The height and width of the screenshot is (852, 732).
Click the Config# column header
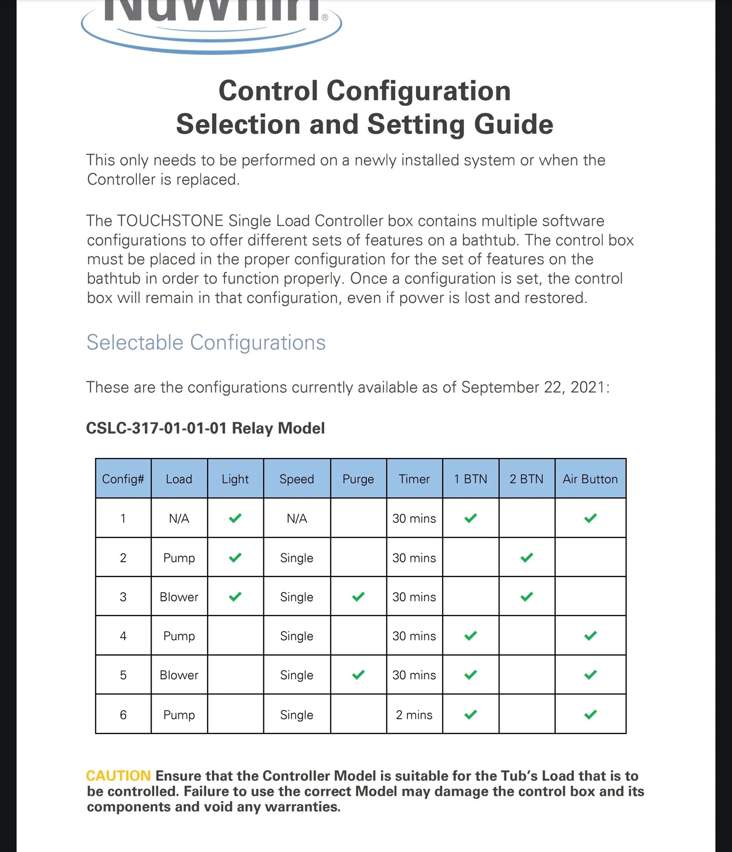[123, 479]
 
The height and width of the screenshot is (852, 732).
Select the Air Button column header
[590, 479]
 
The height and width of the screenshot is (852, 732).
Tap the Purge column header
[358, 479]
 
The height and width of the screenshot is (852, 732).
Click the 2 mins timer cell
[414, 715]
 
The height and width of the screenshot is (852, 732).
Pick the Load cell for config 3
[179, 597]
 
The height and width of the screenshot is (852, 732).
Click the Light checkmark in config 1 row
[235, 518]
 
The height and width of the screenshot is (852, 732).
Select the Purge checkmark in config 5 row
[358, 675]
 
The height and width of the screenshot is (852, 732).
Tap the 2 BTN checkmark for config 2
[527, 558]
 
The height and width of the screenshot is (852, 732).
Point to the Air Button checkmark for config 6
[590, 715]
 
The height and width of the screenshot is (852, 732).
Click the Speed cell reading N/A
[297, 518]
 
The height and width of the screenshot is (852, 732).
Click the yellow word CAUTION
[119, 776]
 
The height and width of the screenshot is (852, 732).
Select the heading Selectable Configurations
[206, 342]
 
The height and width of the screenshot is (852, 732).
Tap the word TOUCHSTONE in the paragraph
[170, 221]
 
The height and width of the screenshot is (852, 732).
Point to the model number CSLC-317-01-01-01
[156, 428]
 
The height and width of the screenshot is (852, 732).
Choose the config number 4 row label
[123, 636]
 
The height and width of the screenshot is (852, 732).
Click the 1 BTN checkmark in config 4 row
[471, 636]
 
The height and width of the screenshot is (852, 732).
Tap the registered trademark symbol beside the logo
[325, 17]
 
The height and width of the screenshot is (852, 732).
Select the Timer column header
[414, 479]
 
